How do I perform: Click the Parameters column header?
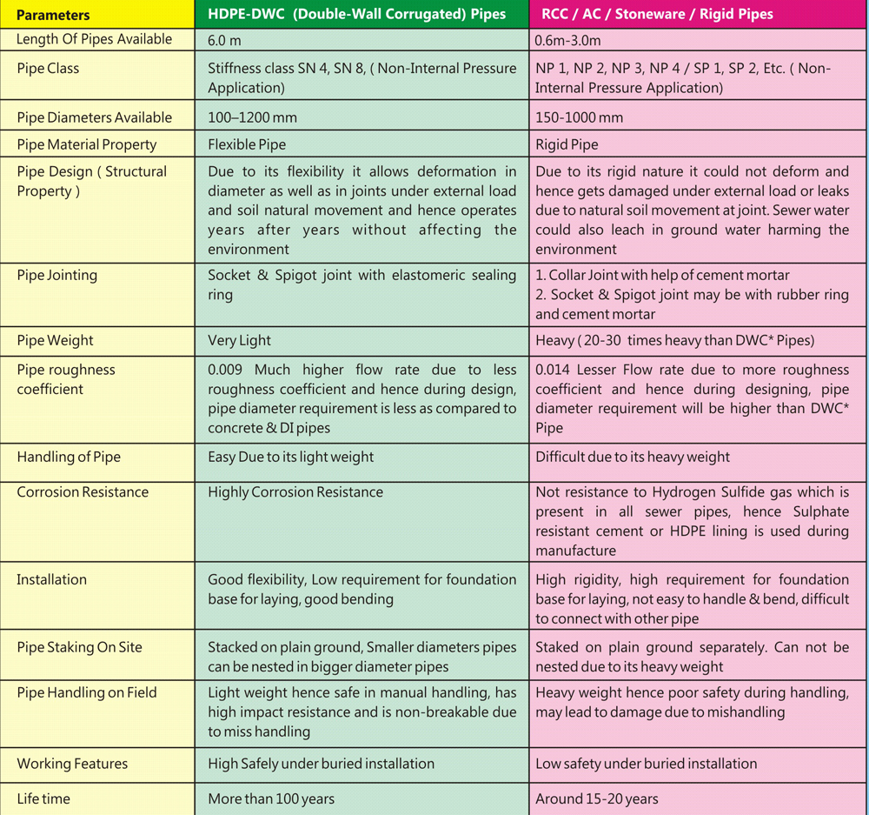[54, 15]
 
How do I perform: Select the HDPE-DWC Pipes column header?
[356, 15]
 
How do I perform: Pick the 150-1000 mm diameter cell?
[579, 117]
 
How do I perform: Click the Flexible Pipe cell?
[247, 144]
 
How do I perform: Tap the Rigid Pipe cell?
[567, 144]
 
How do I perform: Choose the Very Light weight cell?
[239, 340]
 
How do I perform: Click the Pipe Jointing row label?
[57, 275]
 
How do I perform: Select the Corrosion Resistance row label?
[83, 492]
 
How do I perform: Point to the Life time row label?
[43, 798]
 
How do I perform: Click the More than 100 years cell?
[271, 798]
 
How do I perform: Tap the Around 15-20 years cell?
[597, 798]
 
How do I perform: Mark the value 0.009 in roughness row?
[226, 370]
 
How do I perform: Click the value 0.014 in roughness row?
[553, 370]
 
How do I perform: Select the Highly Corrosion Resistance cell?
[295, 492]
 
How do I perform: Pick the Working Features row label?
[72, 763]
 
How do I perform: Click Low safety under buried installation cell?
[646, 763]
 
